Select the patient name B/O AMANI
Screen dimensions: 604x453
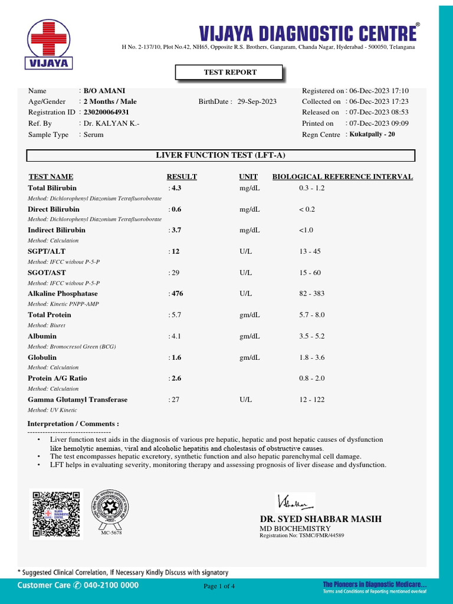(104, 91)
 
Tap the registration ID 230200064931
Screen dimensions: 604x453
(106, 112)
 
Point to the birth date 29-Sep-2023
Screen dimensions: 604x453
(257, 101)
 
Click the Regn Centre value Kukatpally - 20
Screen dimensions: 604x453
(373, 134)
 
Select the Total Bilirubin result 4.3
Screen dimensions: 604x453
(176, 188)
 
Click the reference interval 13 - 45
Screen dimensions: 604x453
(310, 251)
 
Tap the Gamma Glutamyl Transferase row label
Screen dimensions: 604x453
(77, 400)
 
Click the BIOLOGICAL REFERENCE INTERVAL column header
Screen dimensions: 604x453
(342, 177)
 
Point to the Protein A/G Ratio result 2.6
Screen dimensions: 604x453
(176, 379)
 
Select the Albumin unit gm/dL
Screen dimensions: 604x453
(250, 336)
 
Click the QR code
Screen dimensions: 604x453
(56, 514)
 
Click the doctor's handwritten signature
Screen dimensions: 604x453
(294, 503)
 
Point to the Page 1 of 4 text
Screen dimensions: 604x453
(219, 586)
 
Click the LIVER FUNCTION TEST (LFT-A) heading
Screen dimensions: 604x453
(221, 155)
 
